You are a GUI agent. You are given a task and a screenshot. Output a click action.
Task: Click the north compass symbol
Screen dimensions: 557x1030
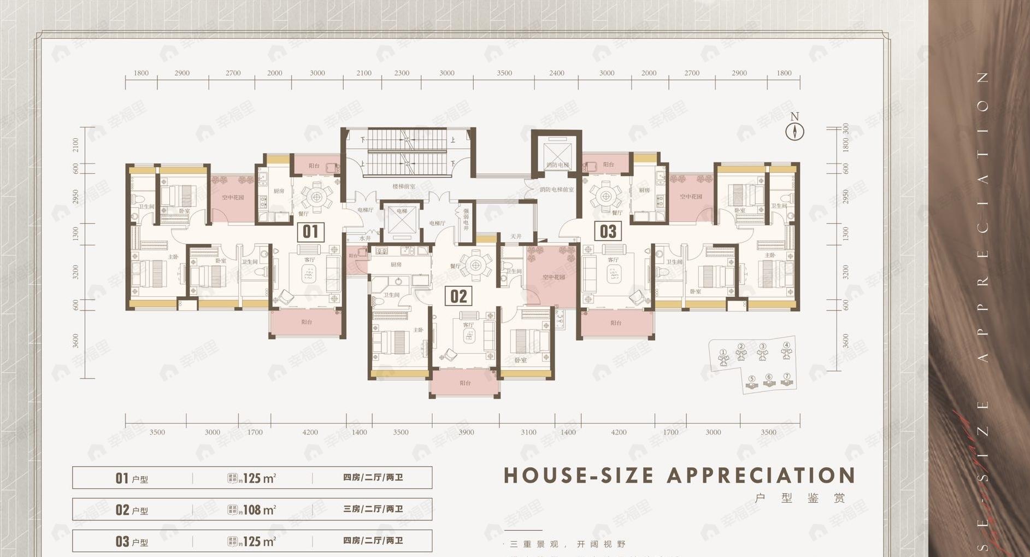tap(794, 131)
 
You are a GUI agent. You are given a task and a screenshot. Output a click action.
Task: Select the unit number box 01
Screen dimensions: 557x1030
tap(310, 232)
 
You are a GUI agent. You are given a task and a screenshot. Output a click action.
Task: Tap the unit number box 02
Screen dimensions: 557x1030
tap(458, 296)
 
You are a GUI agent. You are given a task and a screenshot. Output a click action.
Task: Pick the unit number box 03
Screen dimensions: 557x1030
tap(608, 232)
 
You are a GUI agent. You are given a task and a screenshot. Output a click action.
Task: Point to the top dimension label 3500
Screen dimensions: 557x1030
tap(504, 73)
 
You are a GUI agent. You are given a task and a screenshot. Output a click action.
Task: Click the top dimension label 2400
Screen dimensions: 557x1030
tap(557, 73)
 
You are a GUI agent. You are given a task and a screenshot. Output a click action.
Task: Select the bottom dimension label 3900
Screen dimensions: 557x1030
tap(466, 432)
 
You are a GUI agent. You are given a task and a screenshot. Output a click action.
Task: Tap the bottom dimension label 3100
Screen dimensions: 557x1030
tap(528, 432)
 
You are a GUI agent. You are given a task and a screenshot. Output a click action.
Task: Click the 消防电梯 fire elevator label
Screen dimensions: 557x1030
tap(557, 165)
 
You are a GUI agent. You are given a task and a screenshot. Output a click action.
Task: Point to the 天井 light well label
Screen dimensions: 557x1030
tap(516, 237)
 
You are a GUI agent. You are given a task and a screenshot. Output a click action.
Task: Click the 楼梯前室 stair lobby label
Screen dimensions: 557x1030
tap(404, 186)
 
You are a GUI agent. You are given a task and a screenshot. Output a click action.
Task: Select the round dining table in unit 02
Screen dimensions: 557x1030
tap(476, 266)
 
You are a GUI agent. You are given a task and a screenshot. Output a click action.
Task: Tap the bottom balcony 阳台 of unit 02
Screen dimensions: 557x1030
tap(465, 383)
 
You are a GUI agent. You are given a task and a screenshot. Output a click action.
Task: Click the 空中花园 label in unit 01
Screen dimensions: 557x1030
tap(233, 197)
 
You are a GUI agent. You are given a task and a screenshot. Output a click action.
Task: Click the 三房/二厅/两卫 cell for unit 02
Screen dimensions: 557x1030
tap(373, 509)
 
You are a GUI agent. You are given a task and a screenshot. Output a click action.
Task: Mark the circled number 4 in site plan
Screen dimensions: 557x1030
tap(786, 345)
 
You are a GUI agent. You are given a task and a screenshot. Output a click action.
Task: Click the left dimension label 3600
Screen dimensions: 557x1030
tap(75, 341)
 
